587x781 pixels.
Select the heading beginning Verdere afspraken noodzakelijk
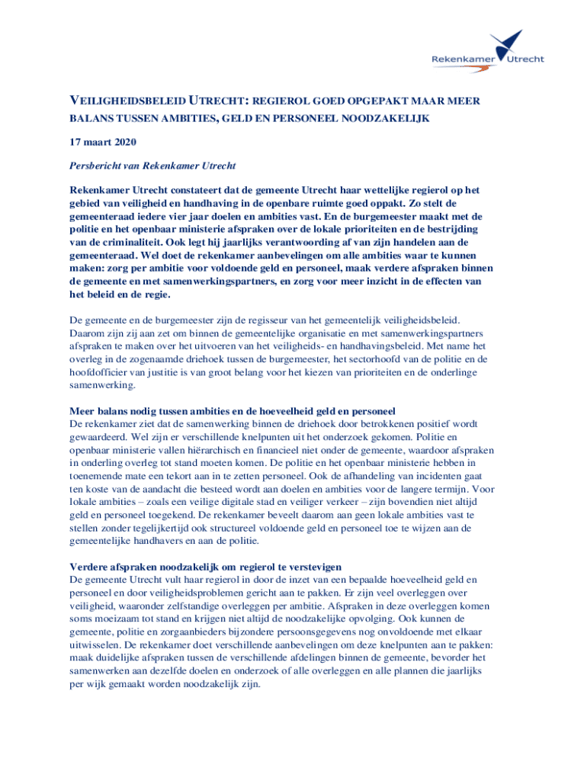click(x=205, y=567)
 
